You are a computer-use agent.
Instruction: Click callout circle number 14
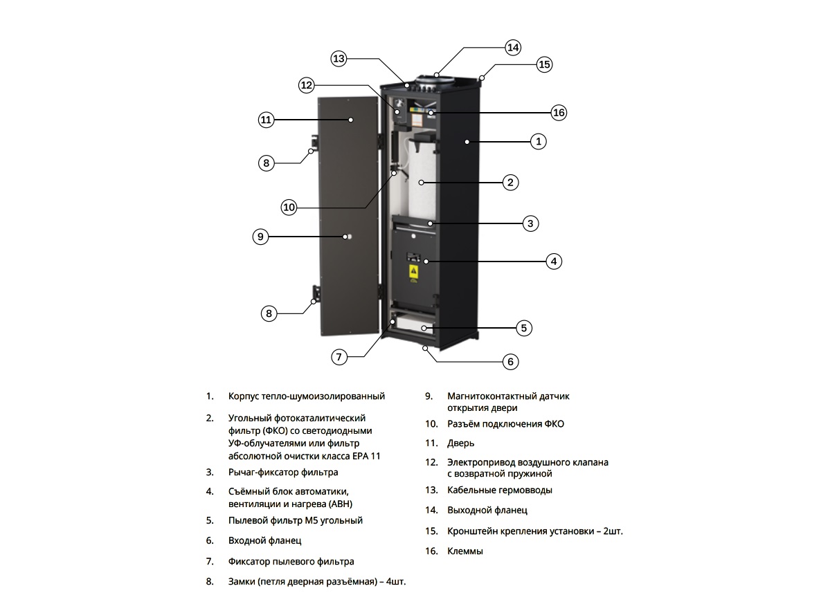512,48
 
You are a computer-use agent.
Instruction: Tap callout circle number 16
559,112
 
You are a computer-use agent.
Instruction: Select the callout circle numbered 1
539,142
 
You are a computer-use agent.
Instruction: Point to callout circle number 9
260,237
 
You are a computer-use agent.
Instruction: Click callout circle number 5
525,328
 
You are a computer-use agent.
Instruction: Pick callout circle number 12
307,86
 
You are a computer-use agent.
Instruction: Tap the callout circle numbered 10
289,206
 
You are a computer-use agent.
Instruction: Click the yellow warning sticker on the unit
413,273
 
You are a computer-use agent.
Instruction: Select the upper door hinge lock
314,144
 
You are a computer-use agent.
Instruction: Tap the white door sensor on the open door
348,237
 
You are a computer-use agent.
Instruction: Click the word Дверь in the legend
461,443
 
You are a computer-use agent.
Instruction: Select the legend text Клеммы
465,551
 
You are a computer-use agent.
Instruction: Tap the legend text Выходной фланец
487,510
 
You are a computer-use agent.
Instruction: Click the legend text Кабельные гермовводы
500,490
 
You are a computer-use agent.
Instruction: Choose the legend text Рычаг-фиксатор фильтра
283,472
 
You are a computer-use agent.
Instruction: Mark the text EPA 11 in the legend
366,456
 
